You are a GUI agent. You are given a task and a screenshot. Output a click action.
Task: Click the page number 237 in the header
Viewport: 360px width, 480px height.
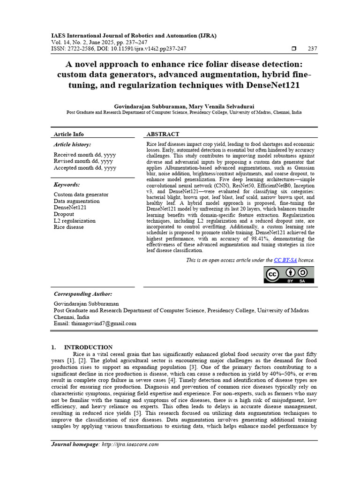coord(312,48)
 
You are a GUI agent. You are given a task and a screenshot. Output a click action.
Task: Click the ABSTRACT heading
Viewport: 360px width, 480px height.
coord(163,134)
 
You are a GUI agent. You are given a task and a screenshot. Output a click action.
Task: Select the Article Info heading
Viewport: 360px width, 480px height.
coord(69,134)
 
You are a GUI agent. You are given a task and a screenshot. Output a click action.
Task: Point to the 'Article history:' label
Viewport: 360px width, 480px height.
coord(72,145)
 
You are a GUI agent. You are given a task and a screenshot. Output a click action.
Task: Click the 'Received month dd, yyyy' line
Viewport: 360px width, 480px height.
coord(85,155)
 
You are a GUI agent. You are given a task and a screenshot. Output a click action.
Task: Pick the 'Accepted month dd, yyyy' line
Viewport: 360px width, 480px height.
coord(85,168)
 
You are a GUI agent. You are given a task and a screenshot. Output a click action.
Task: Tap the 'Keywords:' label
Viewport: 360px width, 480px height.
coord(67,185)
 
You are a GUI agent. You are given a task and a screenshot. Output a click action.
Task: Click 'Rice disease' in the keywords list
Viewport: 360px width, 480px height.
coord(69,227)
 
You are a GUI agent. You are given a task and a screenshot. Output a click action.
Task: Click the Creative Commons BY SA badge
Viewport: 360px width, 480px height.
coord(289,275)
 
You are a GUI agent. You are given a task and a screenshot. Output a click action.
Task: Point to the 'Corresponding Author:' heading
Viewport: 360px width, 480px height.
coord(83,294)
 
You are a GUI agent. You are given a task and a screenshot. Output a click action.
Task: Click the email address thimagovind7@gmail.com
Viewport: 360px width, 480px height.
coord(104,323)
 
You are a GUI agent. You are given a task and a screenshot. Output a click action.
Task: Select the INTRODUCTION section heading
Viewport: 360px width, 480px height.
coord(88,347)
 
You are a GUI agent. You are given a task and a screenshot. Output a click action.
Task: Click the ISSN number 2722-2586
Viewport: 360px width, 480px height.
coord(80,48)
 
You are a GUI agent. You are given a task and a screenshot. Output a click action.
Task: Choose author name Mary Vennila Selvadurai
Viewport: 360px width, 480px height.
coord(221,107)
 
